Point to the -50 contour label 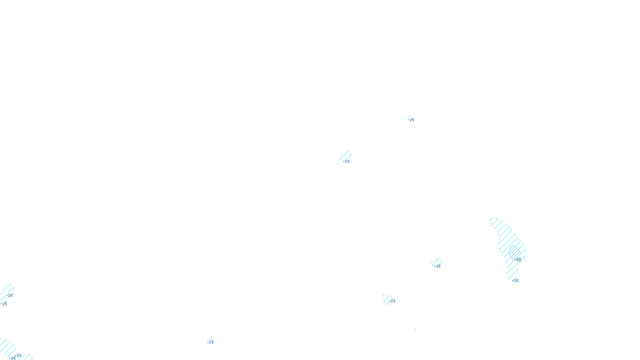point(518,260)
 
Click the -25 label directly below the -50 point(516,281)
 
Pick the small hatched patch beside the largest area point(437,262)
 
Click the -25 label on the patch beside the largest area point(438,266)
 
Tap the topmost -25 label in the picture point(411,120)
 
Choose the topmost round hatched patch point(345,155)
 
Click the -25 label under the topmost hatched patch point(346,162)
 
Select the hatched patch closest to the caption point(386,298)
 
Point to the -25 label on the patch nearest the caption point(392,301)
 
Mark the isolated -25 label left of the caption point(210,342)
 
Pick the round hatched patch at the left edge point(7,290)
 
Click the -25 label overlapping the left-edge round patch point(10,296)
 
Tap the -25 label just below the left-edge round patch point(4,304)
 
